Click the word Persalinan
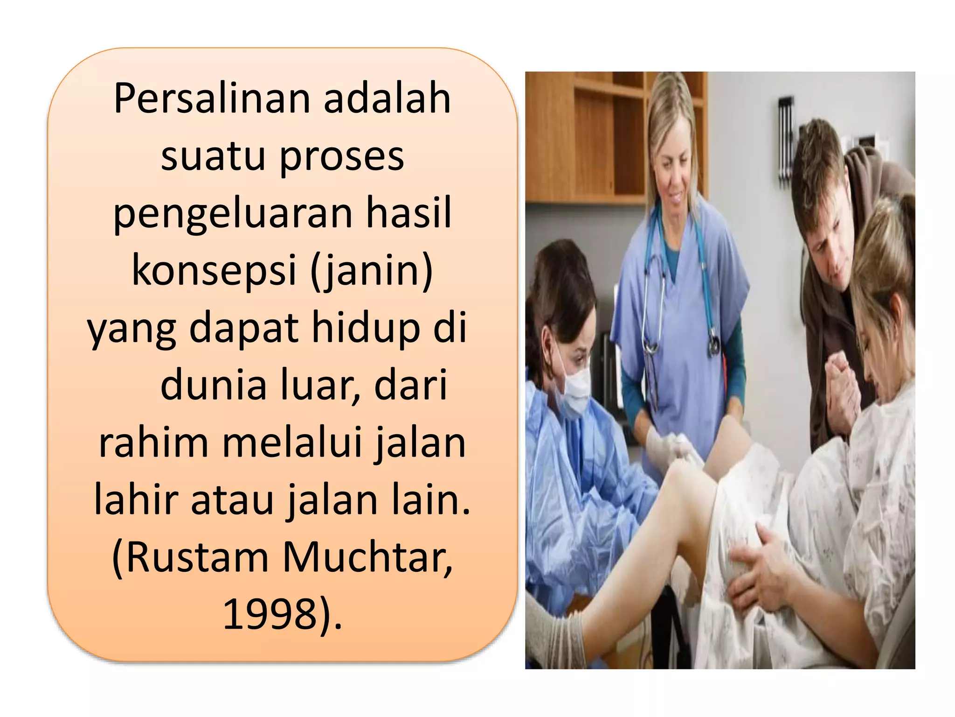click(212, 99)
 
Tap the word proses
click(342, 157)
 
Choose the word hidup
click(366, 328)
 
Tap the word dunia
click(213, 386)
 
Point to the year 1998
click(270, 614)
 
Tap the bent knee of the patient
click(690, 471)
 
